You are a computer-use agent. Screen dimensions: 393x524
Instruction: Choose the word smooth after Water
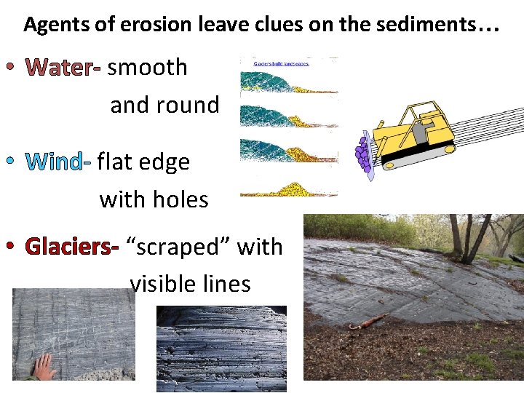(148, 68)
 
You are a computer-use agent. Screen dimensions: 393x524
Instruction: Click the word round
(190, 106)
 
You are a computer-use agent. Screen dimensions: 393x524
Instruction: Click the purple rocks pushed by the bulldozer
(362, 154)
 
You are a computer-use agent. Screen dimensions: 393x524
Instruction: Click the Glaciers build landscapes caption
(281, 63)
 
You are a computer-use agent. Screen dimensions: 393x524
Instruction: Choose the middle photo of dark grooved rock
(221, 348)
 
